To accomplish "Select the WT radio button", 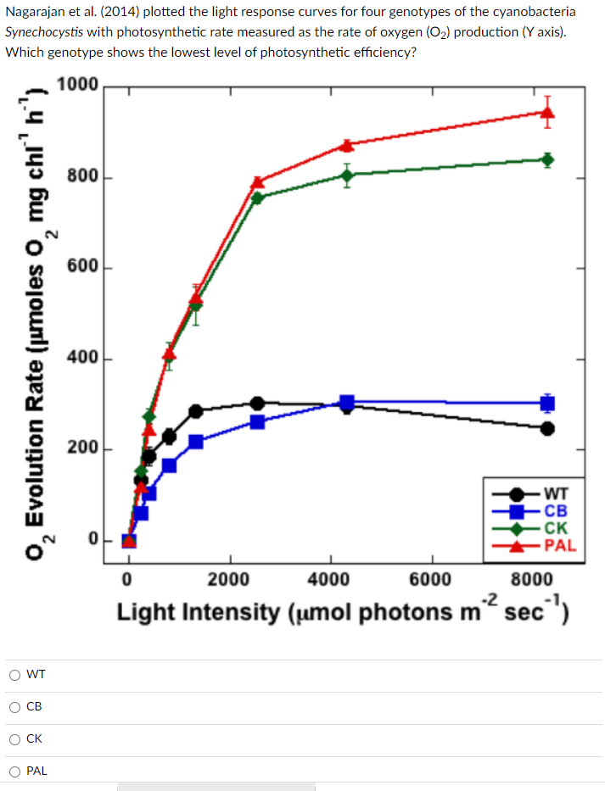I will point(15,675).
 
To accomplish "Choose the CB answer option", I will point(15,707).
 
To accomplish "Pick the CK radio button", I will point(15,739).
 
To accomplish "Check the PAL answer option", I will point(15,772).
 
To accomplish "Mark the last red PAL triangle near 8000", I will point(547,112).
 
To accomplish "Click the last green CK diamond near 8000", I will point(547,159).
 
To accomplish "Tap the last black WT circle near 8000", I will point(547,428).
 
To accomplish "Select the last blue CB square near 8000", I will point(547,403).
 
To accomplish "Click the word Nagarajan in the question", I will point(41,12).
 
